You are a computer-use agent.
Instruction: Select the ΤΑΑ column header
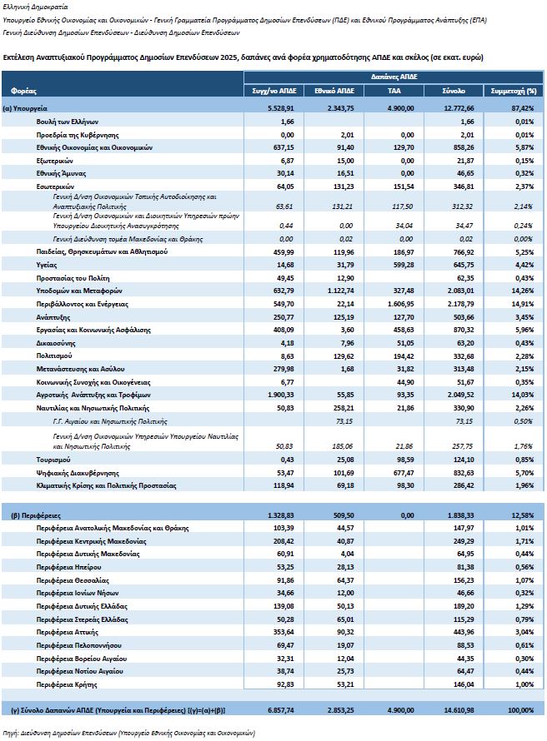pos(395,89)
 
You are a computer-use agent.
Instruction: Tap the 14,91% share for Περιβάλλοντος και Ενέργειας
pos(521,304)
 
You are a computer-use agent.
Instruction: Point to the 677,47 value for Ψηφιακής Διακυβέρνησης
pos(400,470)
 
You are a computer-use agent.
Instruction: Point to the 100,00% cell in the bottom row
pos(519,710)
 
